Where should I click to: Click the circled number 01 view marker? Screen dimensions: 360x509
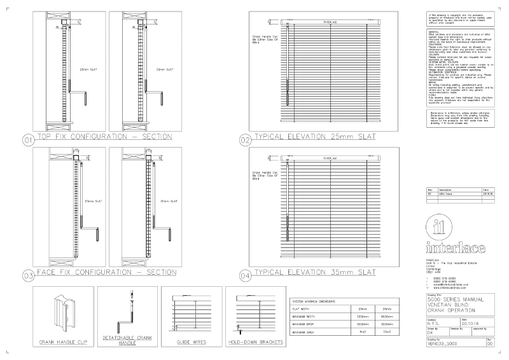(28, 139)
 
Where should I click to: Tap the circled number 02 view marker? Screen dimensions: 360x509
(245, 139)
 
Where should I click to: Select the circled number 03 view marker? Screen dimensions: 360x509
(28, 276)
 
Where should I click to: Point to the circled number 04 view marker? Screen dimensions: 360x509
(245, 276)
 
